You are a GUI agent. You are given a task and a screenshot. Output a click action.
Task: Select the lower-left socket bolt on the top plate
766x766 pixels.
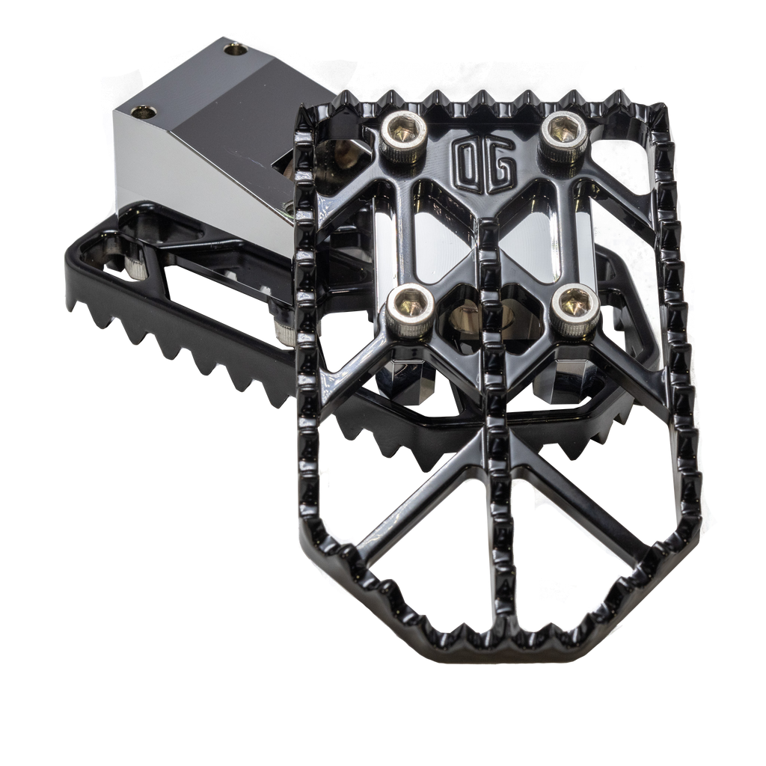tap(411, 312)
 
